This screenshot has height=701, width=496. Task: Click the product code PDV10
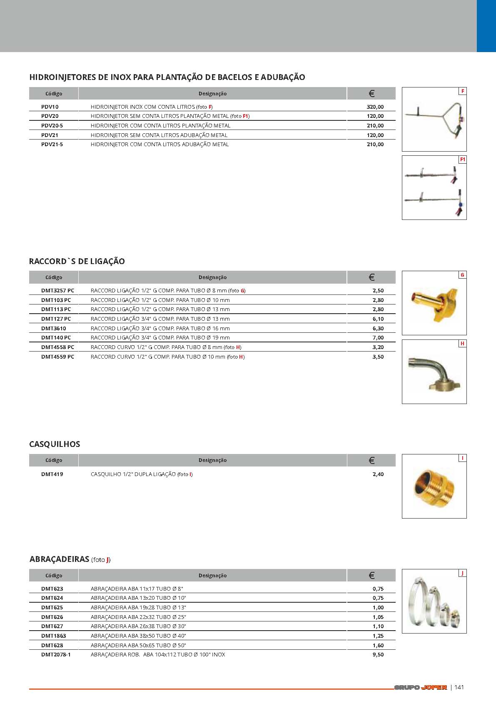click(x=50, y=107)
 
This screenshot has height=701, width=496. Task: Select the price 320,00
click(x=375, y=107)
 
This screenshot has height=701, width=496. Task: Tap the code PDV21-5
click(x=52, y=145)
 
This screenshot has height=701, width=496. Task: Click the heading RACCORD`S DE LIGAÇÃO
click(x=77, y=262)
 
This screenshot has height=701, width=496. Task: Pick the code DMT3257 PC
click(x=57, y=291)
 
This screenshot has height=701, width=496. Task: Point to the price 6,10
click(x=378, y=319)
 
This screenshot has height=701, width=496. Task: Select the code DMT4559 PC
click(x=57, y=357)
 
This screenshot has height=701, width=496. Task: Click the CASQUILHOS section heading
click(x=55, y=444)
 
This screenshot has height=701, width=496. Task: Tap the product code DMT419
click(x=52, y=474)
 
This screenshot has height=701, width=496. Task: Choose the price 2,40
click(x=378, y=474)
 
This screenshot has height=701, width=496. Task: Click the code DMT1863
click(x=53, y=636)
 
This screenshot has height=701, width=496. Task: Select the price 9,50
click(x=378, y=655)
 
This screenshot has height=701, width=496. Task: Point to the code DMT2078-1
click(x=56, y=655)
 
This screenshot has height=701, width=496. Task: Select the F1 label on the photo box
click(x=462, y=160)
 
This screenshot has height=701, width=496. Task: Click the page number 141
click(x=459, y=687)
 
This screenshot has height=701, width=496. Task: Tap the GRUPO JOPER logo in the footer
click(x=420, y=687)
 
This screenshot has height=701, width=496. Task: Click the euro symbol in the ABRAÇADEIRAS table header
click(x=371, y=576)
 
